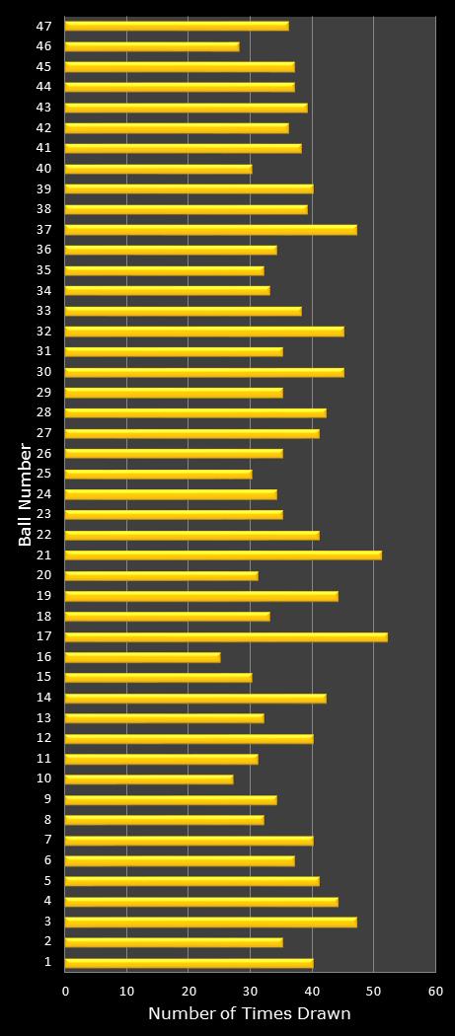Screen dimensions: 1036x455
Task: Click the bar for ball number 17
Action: pos(226,636)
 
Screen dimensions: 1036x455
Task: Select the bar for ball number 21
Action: pos(223,555)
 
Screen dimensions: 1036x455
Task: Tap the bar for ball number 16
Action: pos(143,657)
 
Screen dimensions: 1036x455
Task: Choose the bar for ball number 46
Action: pos(152,46)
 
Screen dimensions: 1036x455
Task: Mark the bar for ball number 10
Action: pos(149,779)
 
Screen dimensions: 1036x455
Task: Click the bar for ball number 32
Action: pos(204,332)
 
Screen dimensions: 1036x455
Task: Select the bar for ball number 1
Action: pos(190,963)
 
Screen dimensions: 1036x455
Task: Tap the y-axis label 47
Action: pos(45,26)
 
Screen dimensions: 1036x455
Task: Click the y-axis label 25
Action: pos(45,474)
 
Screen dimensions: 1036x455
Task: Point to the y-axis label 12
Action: pos(45,738)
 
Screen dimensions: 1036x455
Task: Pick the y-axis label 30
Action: pos(45,372)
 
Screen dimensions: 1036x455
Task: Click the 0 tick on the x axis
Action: pos(65,991)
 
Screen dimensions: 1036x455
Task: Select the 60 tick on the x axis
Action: pos(435,991)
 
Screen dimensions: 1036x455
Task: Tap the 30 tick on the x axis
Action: pos(250,991)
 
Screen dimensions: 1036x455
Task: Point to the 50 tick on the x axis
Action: pos(373,991)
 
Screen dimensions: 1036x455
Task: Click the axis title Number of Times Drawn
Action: pos(249,1014)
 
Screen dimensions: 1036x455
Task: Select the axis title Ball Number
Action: pos(26,493)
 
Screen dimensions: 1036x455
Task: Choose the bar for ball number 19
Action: pos(201,596)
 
